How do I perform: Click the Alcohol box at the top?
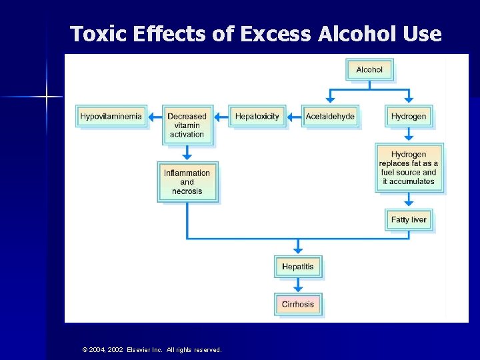coord(369,70)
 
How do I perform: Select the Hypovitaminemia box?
coord(111,117)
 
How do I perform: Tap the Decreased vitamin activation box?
coord(187,125)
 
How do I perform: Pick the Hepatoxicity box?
coord(257,117)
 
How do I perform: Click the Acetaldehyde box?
coord(330,117)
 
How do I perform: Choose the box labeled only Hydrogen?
coord(409,117)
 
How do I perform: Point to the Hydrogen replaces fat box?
coord(409,168)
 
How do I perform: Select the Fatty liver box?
coord(409,220)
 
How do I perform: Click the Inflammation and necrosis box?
coord(187,182)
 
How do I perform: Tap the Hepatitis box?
coord(298,267)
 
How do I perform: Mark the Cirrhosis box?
coord(298,304)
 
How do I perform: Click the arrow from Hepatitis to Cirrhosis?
coord(298,285)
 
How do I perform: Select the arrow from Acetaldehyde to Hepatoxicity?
coord(294,117)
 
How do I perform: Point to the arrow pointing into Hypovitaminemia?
coord(155,117)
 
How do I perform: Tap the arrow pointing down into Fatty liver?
coord(409,201)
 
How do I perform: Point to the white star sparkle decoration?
coord(47,97)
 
